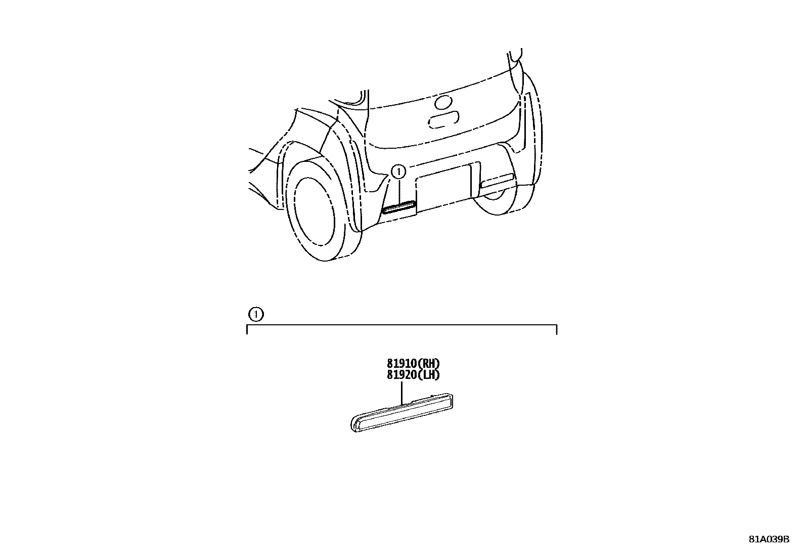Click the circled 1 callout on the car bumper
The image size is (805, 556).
point(398,172)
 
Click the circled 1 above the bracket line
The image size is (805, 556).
point(256,314)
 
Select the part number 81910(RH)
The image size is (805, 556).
point(413,364)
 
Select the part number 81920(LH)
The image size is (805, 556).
point(413,375)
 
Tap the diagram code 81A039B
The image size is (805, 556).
point(769,539)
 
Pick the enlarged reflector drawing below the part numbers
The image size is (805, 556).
point(402,412)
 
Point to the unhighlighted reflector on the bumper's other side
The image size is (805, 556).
point(498,181)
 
